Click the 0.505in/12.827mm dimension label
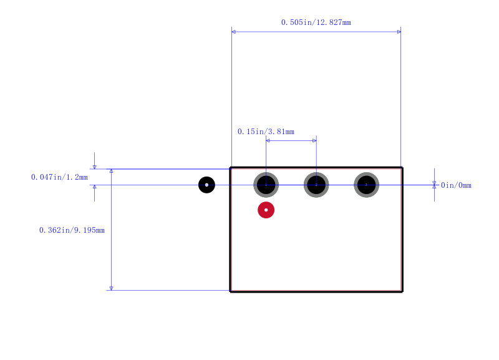316,22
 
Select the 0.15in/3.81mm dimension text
266,132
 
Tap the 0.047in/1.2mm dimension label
59,177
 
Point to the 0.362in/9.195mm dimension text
72,230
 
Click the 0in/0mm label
456,185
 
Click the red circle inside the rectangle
266,210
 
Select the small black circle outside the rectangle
206,185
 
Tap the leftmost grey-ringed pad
266,185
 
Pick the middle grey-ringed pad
316,185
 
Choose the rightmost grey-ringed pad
367,185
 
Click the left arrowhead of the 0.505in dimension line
233,32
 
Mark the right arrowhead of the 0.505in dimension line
399,32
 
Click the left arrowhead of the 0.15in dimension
268,140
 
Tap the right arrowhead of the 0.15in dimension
314,140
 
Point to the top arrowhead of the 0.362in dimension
112,171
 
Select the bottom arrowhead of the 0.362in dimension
112,288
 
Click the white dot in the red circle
266,210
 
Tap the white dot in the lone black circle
206,185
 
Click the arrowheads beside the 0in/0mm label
434,185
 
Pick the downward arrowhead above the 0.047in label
95,167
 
